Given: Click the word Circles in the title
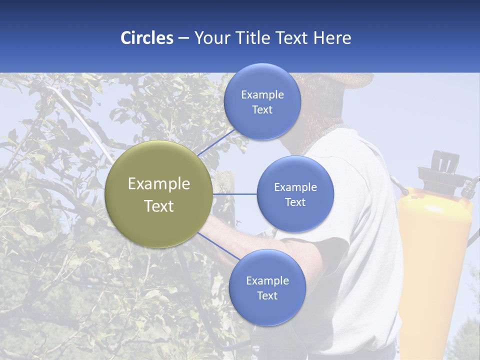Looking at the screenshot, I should pos(146,38).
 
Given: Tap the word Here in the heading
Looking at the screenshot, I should pos(332,38).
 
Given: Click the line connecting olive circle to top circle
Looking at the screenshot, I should pos(216,142).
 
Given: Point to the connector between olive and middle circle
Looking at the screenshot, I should pos(234,194).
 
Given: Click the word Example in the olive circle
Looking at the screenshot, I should pos(159,184).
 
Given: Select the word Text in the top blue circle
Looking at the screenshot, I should pos(262,110).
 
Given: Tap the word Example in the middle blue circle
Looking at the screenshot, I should pos(295,187).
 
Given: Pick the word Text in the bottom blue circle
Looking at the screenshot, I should pos(267,295).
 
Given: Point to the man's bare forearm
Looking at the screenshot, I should pos(225,235).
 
